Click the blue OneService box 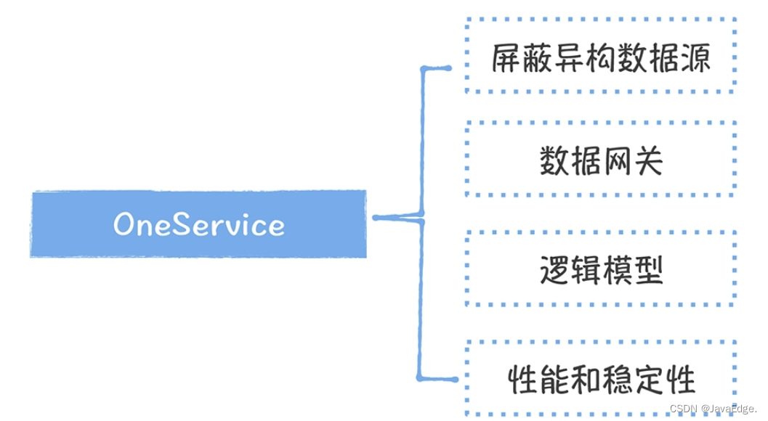198,224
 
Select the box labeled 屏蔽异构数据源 600,56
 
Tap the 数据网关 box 600,160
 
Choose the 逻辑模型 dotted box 600,269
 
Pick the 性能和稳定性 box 600,379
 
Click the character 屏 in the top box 506,57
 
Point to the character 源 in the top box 694,57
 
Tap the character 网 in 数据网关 617,160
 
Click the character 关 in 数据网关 648,160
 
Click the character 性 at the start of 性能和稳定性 522,380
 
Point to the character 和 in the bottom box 585,380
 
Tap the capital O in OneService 125,225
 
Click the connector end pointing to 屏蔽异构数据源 448,68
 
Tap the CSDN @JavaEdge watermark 714,409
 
